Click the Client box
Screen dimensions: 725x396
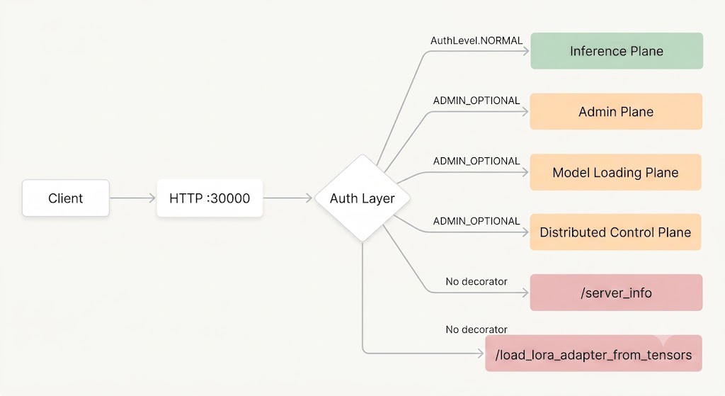point(66,198)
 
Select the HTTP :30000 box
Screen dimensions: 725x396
point(210,198)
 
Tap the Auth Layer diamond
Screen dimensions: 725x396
point(362,198)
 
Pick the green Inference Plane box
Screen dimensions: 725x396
point(617,51)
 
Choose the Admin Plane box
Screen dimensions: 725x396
point(616,111)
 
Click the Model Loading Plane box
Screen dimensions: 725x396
point(615,172)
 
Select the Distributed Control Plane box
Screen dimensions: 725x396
point(615,232)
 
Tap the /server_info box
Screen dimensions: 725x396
point(617,293)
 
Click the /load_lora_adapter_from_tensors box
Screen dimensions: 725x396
point(594,353)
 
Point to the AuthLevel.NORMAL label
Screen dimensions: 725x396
point(476,40)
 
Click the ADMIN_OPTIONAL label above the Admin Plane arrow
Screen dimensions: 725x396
point(476,101)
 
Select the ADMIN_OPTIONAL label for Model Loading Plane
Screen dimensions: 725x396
point(476,161)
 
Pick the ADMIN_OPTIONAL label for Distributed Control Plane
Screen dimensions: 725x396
point(476,221)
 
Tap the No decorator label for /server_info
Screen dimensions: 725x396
point(476,281)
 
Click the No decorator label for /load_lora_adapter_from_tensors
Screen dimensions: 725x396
point(476,329)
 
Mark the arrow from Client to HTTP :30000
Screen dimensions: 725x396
point(132,198)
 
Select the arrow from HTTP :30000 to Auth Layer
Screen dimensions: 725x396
point(287,198)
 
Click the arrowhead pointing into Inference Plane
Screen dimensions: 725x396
point(526,51)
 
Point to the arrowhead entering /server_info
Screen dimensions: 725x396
point(525,293)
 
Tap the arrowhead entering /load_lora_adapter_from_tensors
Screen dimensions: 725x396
point(481,353)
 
